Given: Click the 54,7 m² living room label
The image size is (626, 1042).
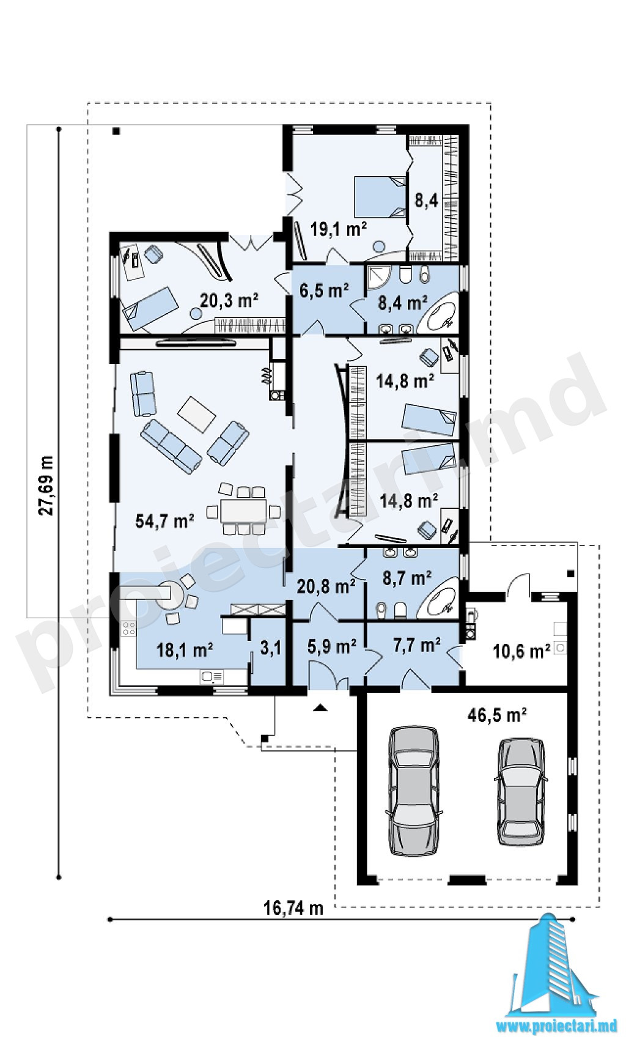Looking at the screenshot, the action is click(x=164, y=522).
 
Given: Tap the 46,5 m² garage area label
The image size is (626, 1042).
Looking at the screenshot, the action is click(x=497, y=714).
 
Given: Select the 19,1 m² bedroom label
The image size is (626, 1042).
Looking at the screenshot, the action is click(x=339, y=229).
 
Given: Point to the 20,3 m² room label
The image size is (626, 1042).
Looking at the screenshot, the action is click(x=229, y=300).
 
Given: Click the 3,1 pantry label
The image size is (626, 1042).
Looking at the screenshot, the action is click(x=271, y=648).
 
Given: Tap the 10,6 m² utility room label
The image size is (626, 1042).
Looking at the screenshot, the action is click(x=521, y=651).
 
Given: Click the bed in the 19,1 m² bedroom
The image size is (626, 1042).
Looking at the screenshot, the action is click(x=380, y=196).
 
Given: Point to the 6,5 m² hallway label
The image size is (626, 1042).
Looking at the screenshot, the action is click(x=324, y=291).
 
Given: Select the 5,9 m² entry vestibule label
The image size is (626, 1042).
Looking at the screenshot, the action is click(x=332, y=646).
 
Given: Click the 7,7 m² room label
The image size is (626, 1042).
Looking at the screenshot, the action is click(x=417, y=645).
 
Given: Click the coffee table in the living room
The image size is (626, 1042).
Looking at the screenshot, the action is click(x=197, y=414).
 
